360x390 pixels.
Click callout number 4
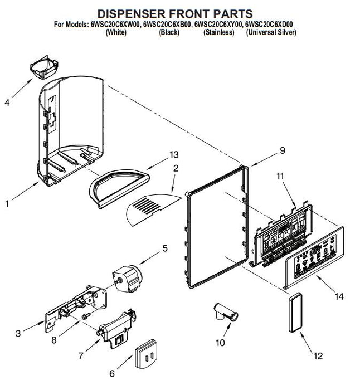click(7, 102)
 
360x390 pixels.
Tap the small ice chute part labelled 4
click(44, 67)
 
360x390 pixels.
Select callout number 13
click(174, 155)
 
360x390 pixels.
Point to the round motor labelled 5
click(128, 279)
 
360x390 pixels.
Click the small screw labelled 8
click(86, 316)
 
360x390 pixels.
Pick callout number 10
click(221, 343)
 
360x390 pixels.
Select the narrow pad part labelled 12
click(295, 313)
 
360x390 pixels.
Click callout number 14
click(339, 296)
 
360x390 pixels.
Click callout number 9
click(283, 150)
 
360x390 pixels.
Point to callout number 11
click(280, 176)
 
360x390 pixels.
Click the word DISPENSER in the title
click(132, 14)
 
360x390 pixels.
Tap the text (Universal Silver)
click(271, 32)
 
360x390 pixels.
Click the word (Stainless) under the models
click(219, 32)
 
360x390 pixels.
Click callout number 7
click(81, 356)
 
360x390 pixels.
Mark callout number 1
click(7, 204)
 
